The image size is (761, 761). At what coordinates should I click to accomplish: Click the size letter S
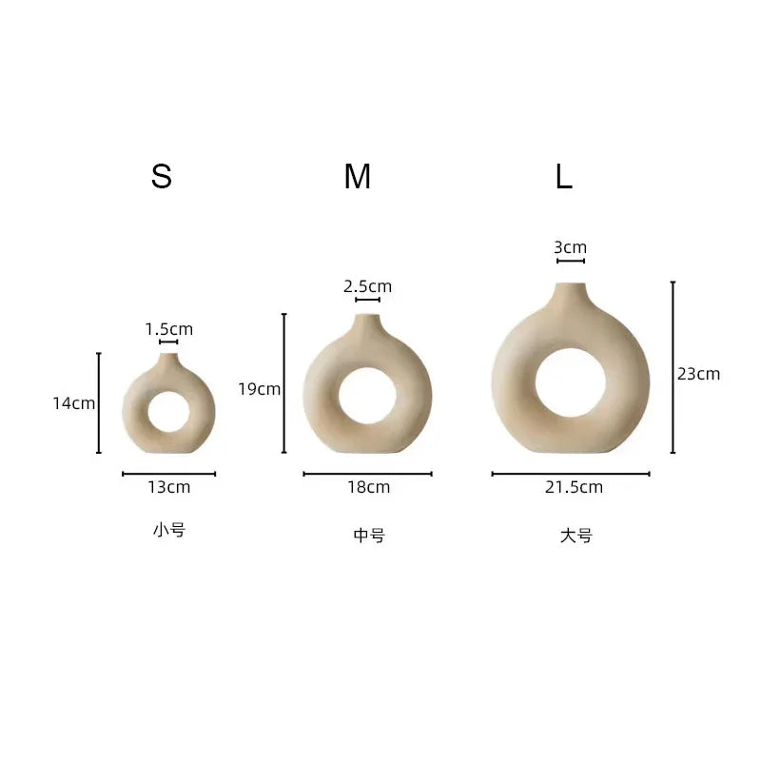[161, 176]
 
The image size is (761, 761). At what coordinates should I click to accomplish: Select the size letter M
[358, 176]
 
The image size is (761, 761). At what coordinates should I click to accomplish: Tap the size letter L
[564, 176]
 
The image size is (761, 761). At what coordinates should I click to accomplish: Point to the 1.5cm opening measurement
[169, 329]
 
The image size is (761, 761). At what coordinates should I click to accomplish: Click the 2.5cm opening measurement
[367, 286]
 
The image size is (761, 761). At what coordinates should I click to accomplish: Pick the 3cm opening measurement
[570, 247]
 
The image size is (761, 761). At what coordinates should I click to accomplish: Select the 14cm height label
[74, 403]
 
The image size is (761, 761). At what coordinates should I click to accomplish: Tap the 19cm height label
[259, 389]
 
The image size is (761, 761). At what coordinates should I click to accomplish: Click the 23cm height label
[698, 374]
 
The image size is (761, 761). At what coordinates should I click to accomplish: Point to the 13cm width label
[169, 487]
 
